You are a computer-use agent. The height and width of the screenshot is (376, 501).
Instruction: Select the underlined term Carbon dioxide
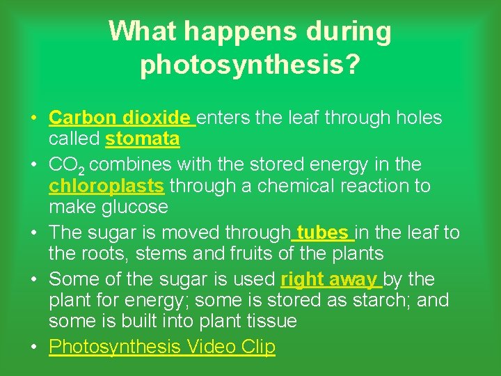click(119, 118)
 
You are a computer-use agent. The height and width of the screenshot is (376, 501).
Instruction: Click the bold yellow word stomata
click(142, 139)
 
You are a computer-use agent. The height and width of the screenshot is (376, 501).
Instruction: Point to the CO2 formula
click(66, 166)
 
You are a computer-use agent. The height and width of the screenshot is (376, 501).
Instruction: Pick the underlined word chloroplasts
click(106, 187)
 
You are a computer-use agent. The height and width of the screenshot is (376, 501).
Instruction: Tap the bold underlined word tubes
click(322, 232)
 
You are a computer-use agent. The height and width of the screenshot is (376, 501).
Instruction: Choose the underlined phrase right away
click(329, 279)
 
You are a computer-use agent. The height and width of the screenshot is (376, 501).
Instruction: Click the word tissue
click(271, 321)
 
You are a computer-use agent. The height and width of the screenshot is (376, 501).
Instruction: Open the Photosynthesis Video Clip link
click(162, 346)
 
